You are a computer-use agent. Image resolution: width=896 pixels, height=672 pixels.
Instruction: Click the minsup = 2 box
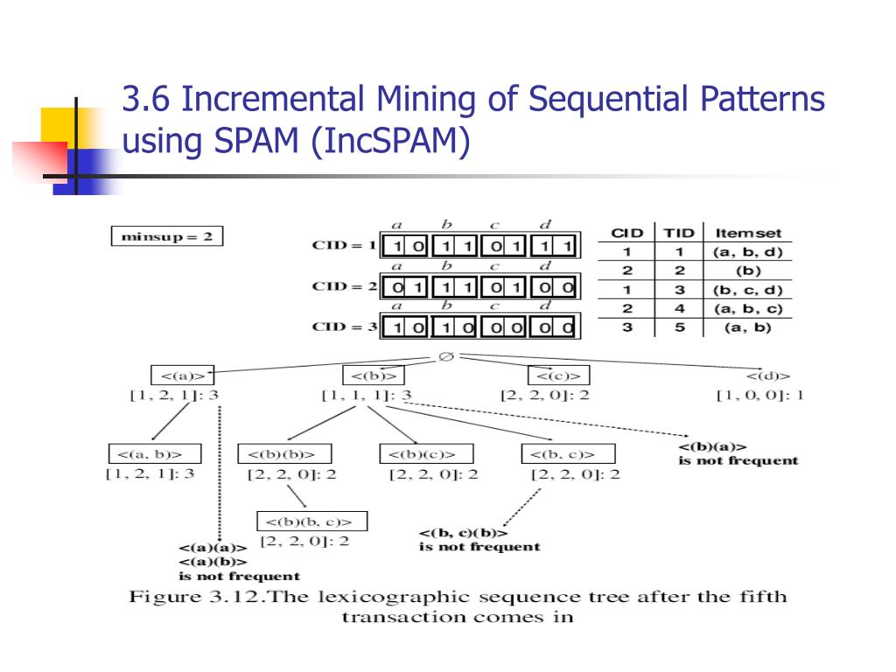point(167,236)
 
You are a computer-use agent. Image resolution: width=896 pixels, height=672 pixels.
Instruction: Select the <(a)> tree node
point(182,375)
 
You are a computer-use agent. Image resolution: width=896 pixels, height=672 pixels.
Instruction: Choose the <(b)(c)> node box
point(426,454)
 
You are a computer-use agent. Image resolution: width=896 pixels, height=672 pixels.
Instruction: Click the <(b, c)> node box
point(568,454)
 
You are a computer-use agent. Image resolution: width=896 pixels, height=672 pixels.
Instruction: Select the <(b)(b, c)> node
point(311,521)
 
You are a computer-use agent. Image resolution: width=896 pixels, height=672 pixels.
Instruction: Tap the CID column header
point(626,233)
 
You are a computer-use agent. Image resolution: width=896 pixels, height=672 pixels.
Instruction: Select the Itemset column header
point(747,233)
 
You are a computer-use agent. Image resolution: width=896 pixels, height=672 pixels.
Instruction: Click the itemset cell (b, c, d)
point(747,290)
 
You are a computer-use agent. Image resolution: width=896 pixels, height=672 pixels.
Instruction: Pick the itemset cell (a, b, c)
point(747,309)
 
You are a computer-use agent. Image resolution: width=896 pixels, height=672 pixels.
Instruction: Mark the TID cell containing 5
point(678,328)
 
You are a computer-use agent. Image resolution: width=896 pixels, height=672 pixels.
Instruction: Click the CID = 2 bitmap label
point(344,286)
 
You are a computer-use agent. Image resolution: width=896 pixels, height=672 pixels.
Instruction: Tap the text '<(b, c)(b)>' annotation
point(463,533)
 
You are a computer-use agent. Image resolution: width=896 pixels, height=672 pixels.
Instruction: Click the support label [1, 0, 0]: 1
point(759,395)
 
